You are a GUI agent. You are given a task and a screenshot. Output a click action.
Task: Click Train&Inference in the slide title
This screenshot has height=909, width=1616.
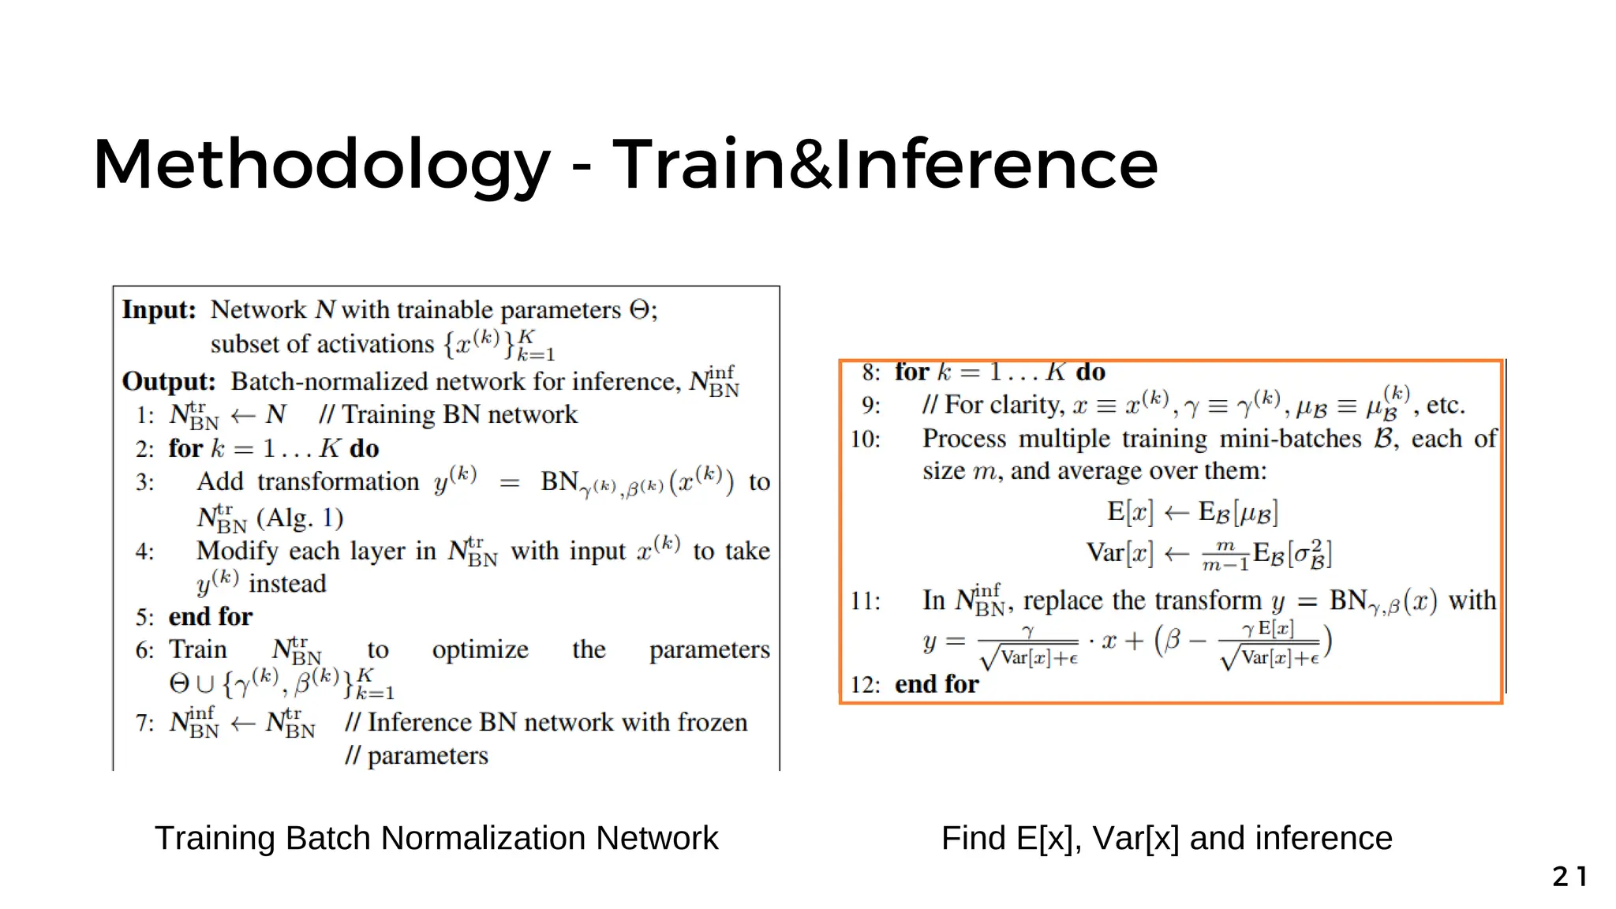(x=885, y=164)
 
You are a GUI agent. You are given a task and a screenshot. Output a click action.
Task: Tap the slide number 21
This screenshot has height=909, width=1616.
(x=1569, y=876)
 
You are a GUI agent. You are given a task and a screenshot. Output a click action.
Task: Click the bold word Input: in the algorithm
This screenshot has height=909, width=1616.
(x=159, y=309)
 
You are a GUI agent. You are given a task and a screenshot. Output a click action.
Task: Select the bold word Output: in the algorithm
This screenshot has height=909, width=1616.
(x=168, y=381)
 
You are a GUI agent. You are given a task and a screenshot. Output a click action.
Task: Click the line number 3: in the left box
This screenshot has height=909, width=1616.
(x=145, y=482)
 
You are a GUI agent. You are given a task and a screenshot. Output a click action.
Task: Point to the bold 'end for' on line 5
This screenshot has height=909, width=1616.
(x=211, y=616)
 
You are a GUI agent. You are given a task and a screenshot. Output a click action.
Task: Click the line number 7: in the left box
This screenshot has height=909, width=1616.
(x=145, y=723)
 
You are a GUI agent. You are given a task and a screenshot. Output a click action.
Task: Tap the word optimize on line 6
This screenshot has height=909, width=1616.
(x=480, y=649)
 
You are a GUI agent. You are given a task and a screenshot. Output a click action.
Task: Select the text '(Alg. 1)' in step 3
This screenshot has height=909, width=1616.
(x=300, y=518)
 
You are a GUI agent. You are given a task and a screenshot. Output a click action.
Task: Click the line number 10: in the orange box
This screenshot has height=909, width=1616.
(x=866, y=439)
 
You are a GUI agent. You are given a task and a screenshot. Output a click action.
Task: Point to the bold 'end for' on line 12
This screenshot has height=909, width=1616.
(x=937, y=684)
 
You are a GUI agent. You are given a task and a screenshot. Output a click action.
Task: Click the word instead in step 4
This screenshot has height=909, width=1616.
(x=287, y=584)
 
